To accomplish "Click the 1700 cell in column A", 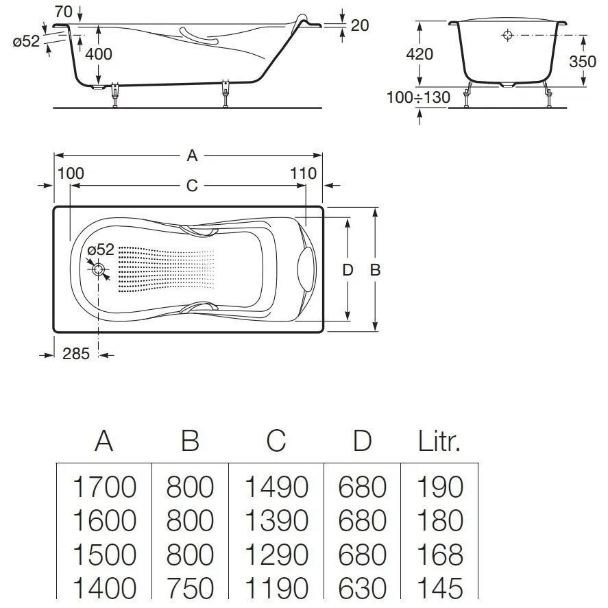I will (104, 487).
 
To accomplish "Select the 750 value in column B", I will (190, 588).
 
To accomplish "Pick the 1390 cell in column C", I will (276, 521).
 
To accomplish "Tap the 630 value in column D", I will (362, 588).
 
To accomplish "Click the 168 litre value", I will (440, 555).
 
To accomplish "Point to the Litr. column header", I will (439, 442).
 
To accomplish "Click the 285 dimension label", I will (76, 354).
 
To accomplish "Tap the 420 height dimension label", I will (419, 53).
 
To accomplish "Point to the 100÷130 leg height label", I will (418, 97).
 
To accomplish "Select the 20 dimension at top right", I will (359, 25).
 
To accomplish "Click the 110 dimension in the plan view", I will (304, 173).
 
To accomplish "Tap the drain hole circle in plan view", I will (99, 270).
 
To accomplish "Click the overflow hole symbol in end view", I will (507, 35).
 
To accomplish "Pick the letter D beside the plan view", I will (348, 270).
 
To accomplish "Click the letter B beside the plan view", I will (375, 270).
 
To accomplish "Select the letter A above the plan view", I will (193, 156).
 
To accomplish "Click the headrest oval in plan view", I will (306, 268).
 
